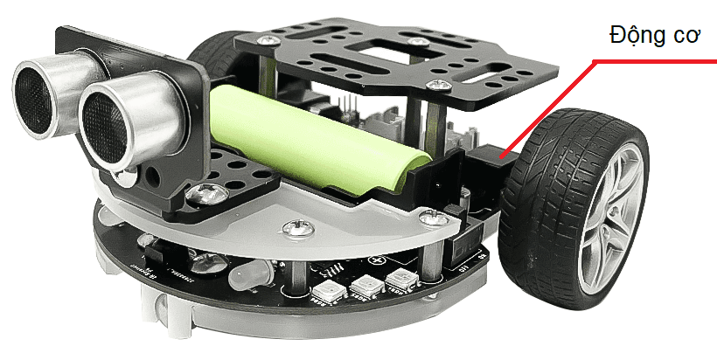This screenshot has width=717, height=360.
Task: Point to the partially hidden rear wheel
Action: (x=215, y=52)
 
